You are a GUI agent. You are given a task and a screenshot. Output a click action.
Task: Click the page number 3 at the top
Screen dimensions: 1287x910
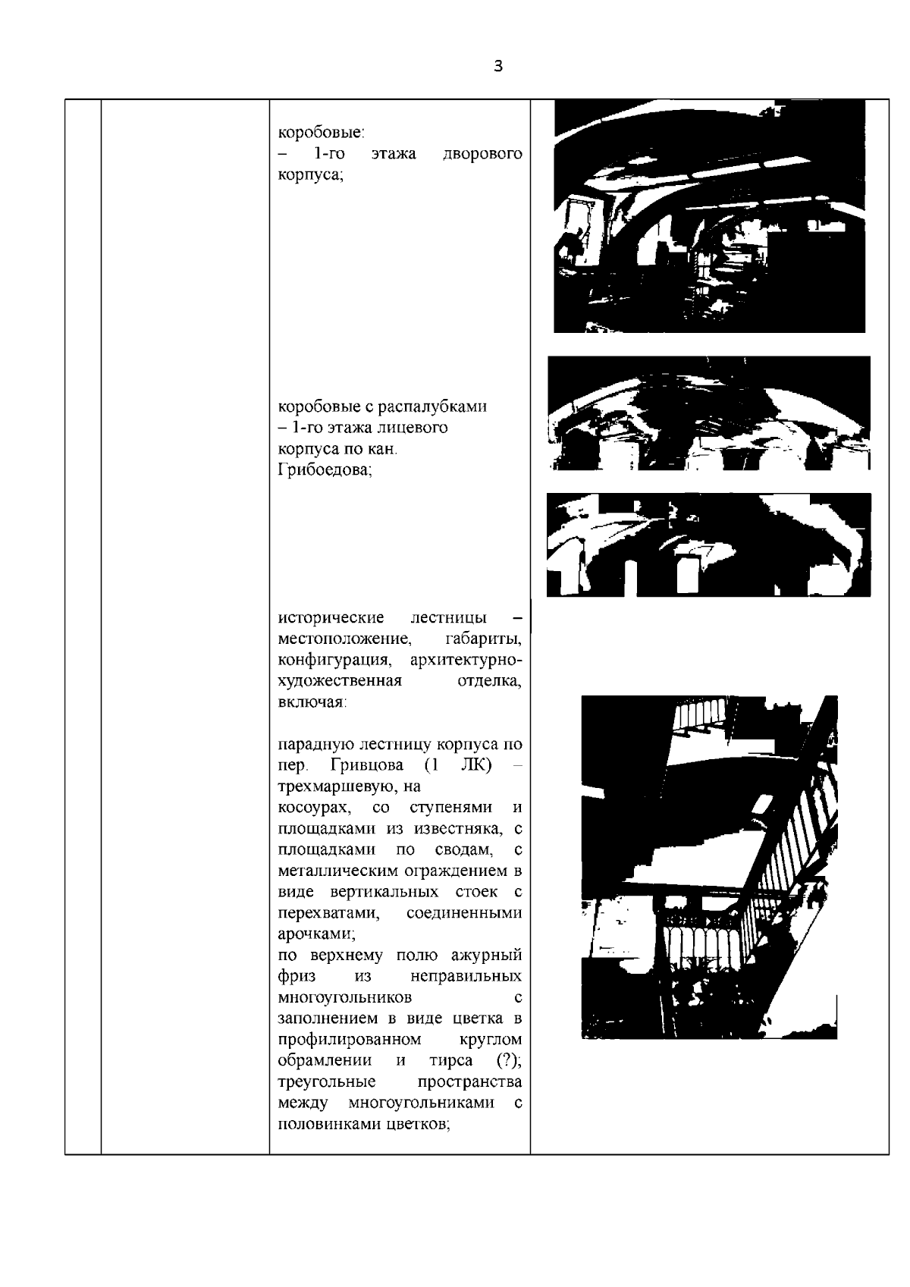(497, 66)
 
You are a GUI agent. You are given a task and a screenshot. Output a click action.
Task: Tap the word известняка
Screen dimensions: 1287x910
(457, 827)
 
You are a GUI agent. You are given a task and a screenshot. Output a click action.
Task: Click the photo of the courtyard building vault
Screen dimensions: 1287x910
(709, 216)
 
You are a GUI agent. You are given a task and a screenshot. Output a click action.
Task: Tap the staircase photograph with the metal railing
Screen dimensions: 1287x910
(709, 866)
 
